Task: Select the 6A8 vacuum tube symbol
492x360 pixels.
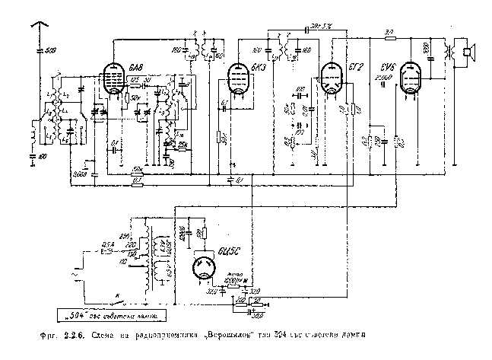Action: tap(116, 78)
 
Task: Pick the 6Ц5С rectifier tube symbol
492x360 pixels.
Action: tap(207, 268)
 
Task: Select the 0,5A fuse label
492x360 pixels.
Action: tap(109, 244)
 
